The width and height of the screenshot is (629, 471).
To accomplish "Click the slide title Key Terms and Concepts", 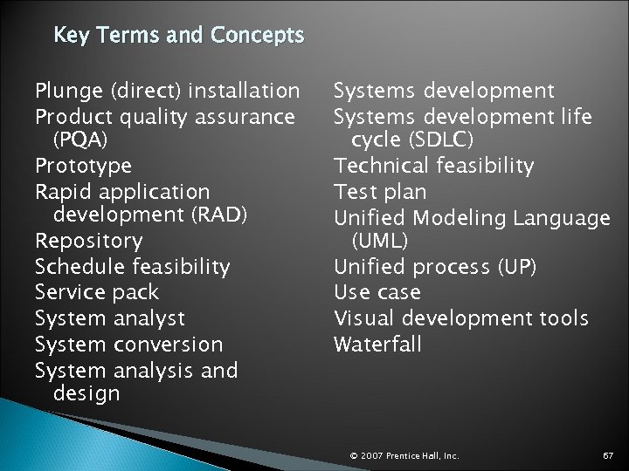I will click(178, 36).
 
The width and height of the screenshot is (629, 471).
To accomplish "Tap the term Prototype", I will click(83, 165).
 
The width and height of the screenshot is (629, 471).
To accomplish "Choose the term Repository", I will click(88, 240).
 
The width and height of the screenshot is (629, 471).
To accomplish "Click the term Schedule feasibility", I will click(132, 265).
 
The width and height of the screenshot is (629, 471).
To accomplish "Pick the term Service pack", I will click(97, 290).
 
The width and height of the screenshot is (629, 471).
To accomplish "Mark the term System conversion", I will click(128, 344).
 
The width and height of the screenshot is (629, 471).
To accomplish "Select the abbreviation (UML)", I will click(377, 240).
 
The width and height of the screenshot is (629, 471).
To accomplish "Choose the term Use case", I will click(377, 291).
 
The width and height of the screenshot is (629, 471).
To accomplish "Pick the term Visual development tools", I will click(461, 317).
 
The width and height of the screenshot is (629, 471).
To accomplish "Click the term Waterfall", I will click(377, 343).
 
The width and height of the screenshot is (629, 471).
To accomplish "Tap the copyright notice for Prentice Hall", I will click(404, 454).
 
